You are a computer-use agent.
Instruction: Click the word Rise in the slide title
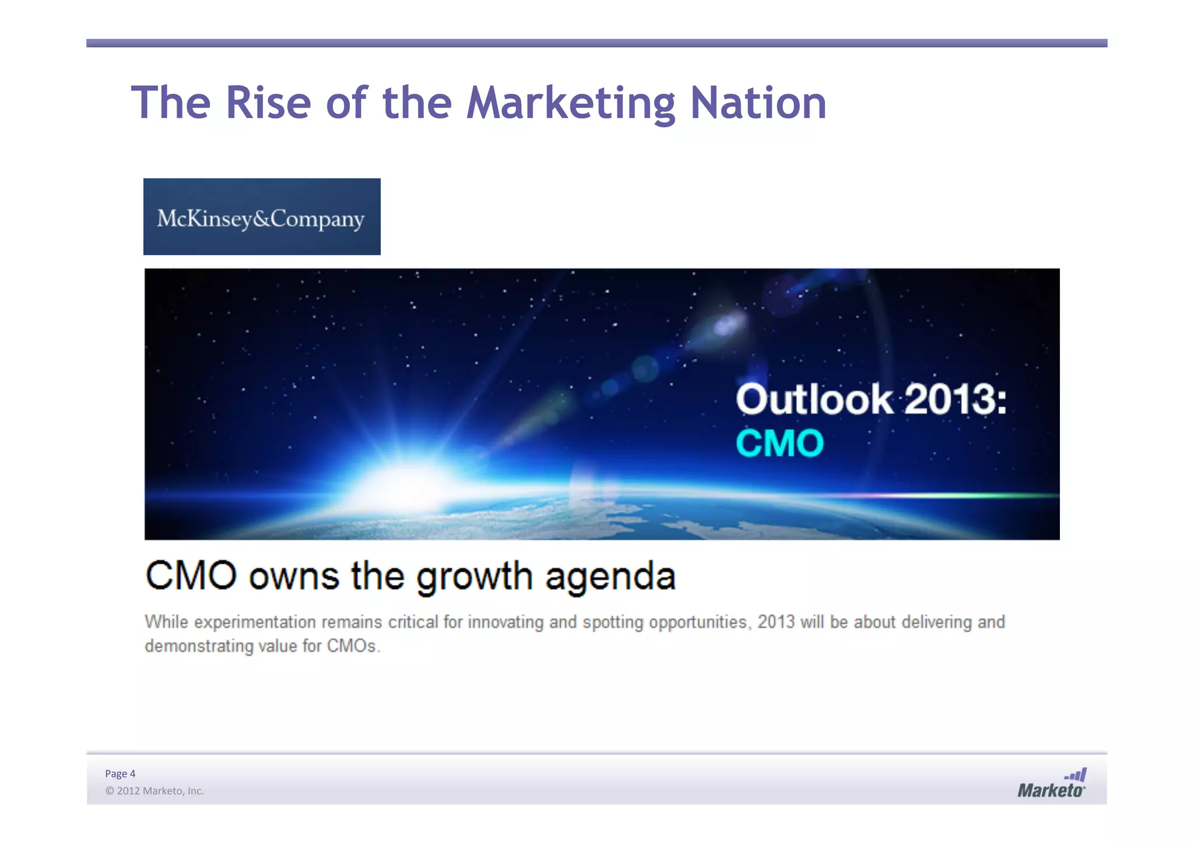click(x=268, y=103)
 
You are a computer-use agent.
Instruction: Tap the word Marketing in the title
click(x=571, y=104)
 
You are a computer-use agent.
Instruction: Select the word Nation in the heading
click(x=758, y=103)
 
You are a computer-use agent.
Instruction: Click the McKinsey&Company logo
click(x=262, y=217)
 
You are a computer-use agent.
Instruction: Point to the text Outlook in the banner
click(x=814, y=400)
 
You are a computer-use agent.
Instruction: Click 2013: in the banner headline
click(x=956, y=400)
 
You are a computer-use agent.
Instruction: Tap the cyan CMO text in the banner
click(x=779, y=443)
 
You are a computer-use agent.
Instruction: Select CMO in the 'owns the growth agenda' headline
click(x=191, y=576)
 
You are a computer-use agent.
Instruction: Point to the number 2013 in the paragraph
click(x=776, y=622)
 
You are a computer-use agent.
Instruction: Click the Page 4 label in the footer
click(x=120, y=774)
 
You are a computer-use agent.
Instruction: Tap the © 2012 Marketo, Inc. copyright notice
click(x=154, y=791)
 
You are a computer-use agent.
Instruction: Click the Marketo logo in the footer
click(x=1052, y=783)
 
